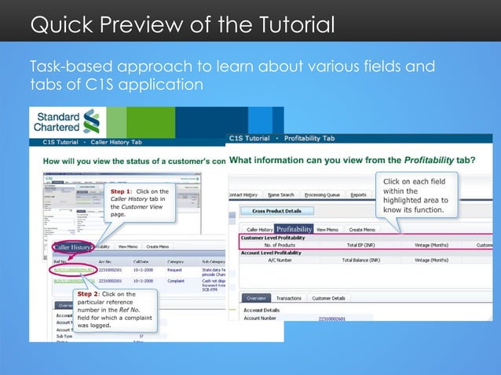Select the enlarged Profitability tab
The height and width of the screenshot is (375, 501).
pos(294,229)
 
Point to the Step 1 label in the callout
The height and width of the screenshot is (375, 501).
pos(123,191)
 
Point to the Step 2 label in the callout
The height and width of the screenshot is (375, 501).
pos(90,294)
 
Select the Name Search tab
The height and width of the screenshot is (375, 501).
pos(281,195)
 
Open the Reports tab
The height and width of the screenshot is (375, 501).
pos(358,195)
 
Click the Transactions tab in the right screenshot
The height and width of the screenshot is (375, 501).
pos(288,298)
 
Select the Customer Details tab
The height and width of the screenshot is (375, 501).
pos(329,298)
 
